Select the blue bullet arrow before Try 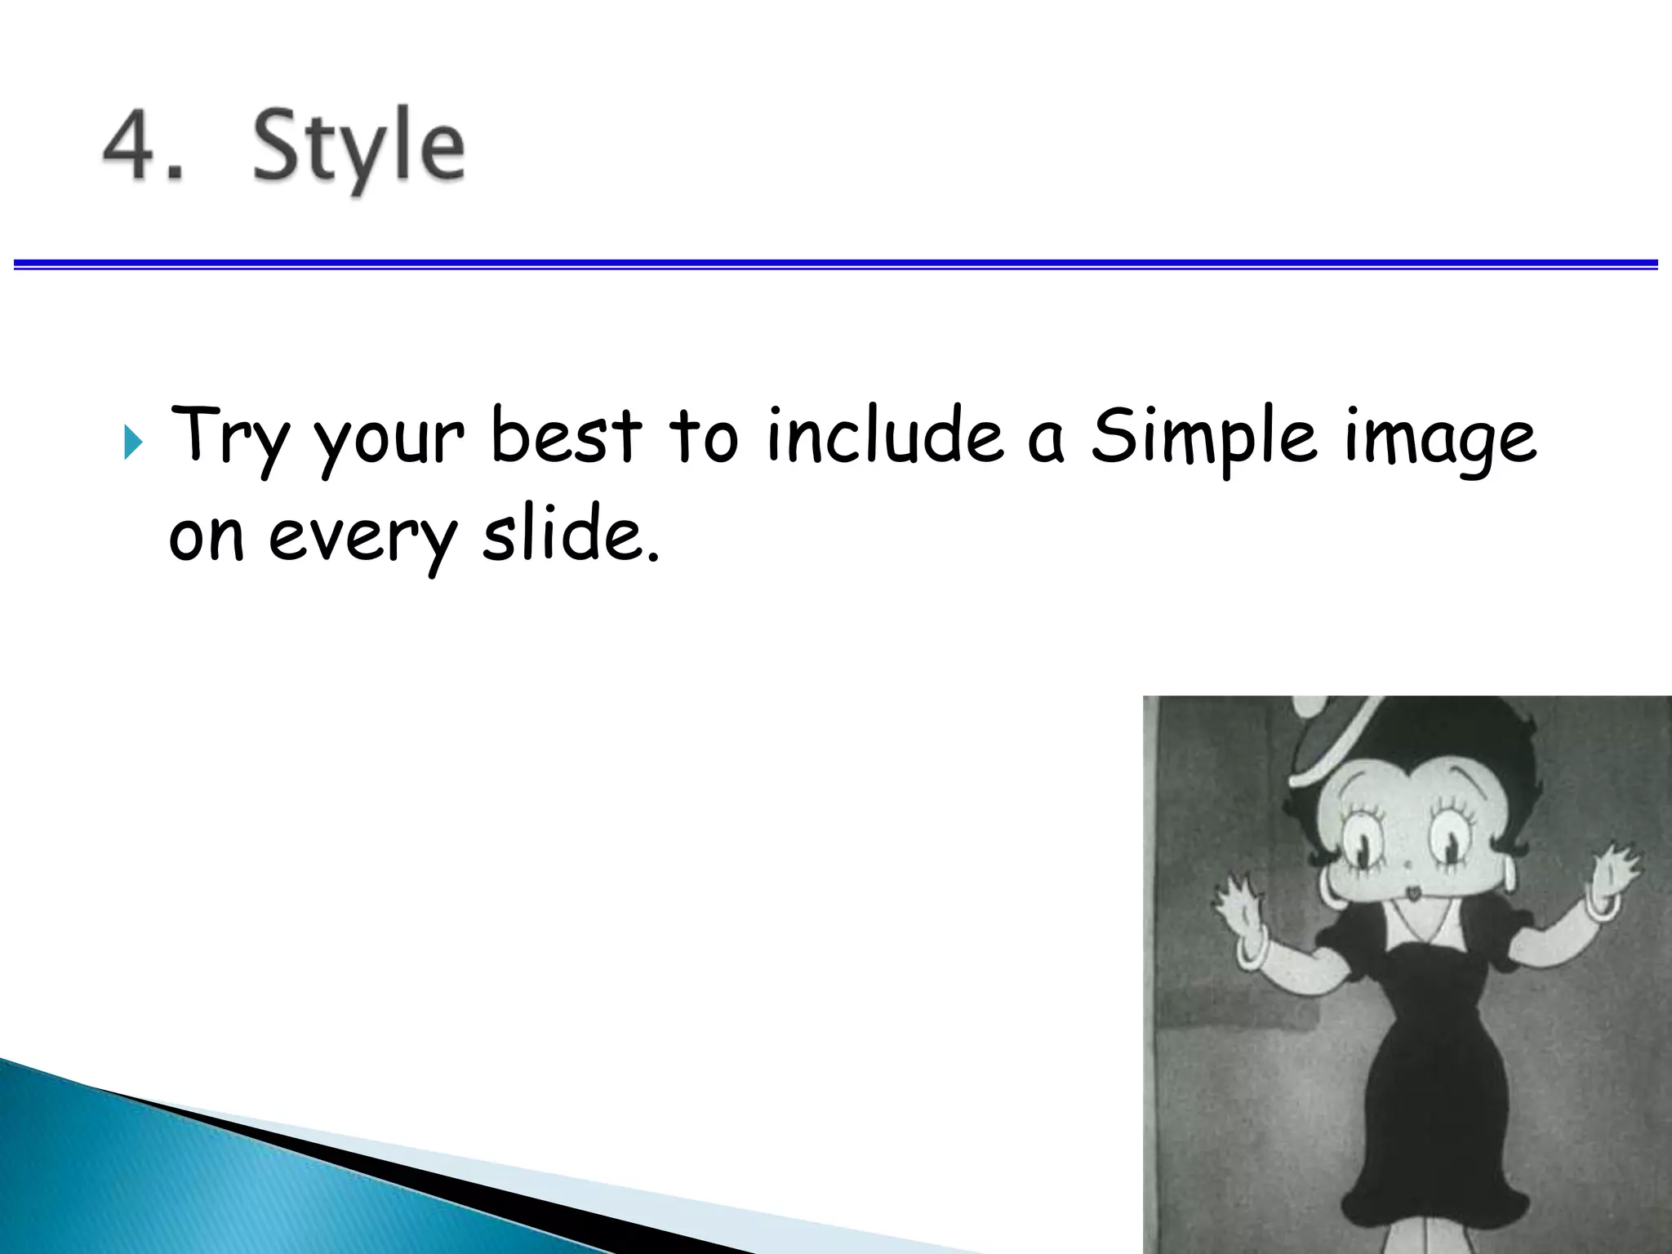coord(133,442)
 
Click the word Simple coord(1203,437)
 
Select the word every coord(362,537)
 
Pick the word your coord(389,441)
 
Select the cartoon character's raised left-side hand coord(1239,902)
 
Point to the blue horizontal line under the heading coord(836,264)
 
